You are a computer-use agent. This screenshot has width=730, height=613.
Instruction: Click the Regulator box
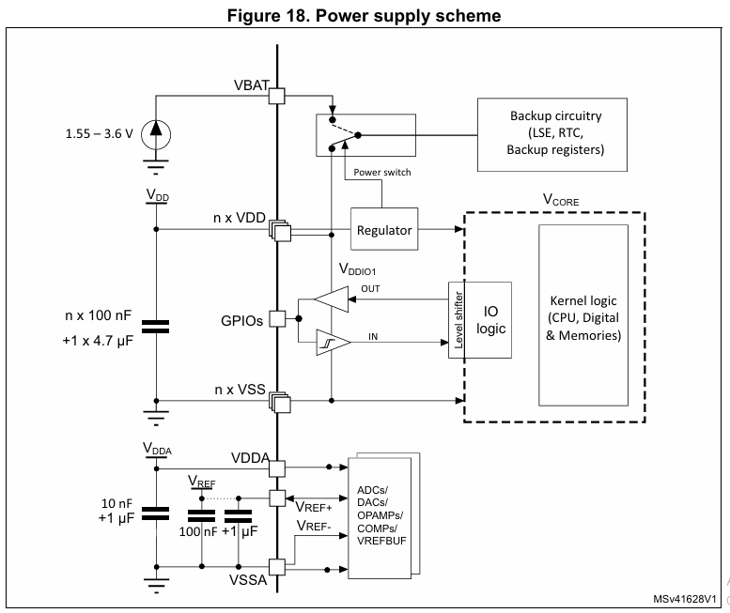[383, 230]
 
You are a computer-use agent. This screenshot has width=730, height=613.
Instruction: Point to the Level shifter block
[458, 319]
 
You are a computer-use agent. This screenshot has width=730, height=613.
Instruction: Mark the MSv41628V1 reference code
[686, 598]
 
